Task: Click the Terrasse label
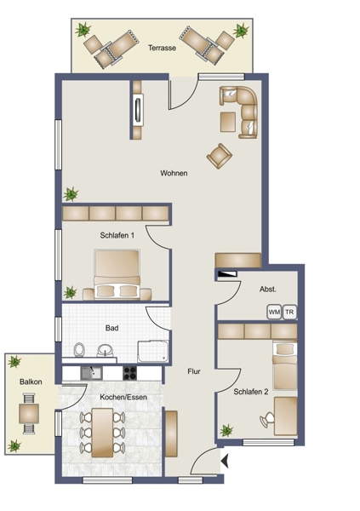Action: coord(162,48)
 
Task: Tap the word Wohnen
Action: coord(174,173)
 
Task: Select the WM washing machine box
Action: coord(274,312)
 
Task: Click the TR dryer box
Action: coord(289,312)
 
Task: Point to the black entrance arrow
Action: coord(225,461)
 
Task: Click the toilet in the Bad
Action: coord(79,350)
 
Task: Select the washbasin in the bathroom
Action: coord(106,350)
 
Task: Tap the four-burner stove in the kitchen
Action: coord(129,373)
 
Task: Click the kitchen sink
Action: coord(92,373)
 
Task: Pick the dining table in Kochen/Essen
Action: coord(102,433)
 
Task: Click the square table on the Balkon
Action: coord(29,414)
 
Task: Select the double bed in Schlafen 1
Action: coord(117,274)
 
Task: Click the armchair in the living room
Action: coord(220,156)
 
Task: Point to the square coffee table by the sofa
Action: coord(228,122)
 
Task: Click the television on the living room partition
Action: coord(138,110)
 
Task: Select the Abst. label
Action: coord(268,289)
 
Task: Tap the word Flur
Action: coord(194,371)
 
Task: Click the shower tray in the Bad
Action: coord(153,351)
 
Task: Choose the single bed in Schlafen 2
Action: coord(285,365)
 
